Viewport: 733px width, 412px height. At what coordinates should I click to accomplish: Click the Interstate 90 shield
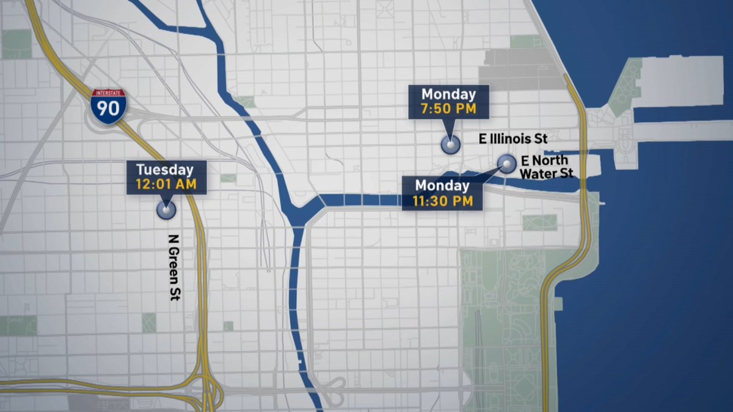tap(109, 106)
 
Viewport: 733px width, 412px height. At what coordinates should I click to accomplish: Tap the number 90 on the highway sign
tap(109, 110)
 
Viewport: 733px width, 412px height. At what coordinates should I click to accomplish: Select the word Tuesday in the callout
tap(165, 170)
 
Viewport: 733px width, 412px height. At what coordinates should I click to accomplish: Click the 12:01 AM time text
tap(166, 183)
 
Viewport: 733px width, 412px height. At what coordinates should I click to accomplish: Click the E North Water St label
tap(546, 167)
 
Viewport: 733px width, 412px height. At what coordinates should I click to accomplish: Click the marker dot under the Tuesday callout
tap(166, 209)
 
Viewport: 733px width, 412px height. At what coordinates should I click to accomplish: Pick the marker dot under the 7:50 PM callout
tap(450, 145)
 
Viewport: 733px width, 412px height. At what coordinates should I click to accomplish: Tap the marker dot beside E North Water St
tap(506, 162)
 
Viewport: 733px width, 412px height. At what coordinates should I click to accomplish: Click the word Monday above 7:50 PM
tap(449, 94)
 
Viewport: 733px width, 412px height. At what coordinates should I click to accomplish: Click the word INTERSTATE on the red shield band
tap(109, 93)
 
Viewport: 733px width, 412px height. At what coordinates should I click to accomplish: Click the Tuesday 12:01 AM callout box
tap(166, 177)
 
